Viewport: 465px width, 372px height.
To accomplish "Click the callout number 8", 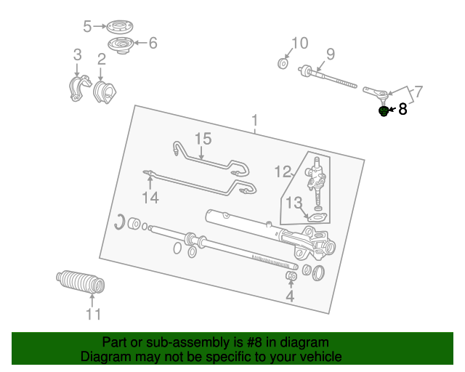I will pos(403,110).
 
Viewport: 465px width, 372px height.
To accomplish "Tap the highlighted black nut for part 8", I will pos(383,111).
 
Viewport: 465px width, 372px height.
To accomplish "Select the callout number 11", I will pos(93,314).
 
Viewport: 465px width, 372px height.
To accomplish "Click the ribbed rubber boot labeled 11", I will pos(81,282).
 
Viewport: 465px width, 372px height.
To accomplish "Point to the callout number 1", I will pos(254,120).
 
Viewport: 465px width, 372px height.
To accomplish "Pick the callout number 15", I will pos(202,138).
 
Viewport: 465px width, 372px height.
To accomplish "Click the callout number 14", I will pos(150,198).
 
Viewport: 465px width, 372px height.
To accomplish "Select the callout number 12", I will pos(283,171).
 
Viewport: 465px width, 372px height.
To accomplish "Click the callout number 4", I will pos(290,296).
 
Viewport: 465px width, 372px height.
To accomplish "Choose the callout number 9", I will pos(330,53).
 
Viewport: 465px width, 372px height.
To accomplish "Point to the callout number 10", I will pos(299,42).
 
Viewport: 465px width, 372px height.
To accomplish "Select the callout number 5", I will pos(87,27).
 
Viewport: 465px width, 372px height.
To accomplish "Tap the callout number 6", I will pos(153,43).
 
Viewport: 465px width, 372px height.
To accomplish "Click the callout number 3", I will pos(77,54).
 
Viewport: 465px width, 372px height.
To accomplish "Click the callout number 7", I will pos(418,92).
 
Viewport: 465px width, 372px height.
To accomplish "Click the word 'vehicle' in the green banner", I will pos(319,357).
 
